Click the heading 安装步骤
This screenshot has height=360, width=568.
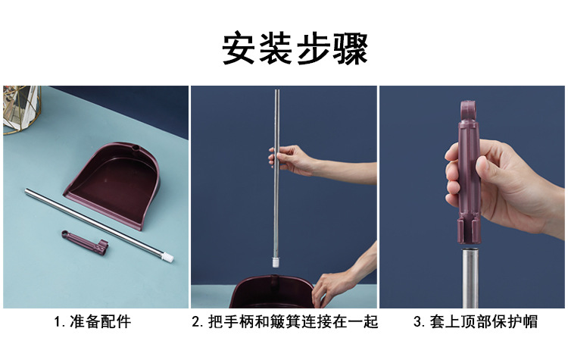point(295,49)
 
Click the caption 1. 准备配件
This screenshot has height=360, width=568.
point(92,322)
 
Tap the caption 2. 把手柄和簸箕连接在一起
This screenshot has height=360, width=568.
point(285,322)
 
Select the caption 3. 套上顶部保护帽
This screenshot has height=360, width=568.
point(476,322)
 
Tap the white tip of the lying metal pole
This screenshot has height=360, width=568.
point(168,257)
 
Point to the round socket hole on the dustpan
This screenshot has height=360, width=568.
point(136,148)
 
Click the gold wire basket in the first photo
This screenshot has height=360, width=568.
point(20,109)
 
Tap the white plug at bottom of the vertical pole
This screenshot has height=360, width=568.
point(276,261)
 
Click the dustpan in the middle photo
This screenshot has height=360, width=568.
point(272,293)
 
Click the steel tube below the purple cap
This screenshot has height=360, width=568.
point(470,278)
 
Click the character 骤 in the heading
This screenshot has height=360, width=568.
point(351,49)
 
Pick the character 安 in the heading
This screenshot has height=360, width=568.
point(239,49)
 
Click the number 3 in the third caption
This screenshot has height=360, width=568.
point(417,322)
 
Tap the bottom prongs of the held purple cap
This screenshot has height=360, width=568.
point(470,231)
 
